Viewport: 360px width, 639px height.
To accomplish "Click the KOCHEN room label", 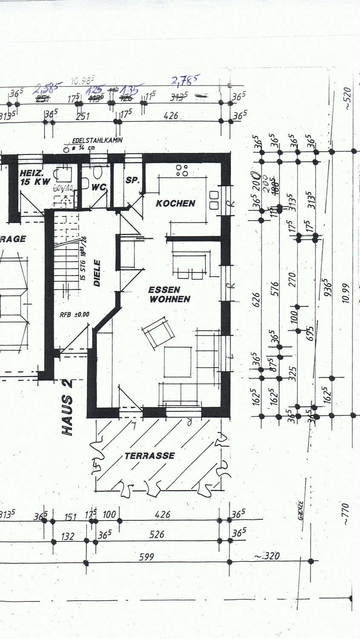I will tap(176, 204).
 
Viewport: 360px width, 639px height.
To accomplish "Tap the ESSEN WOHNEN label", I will tap(169, 294).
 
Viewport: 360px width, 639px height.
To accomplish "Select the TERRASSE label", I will tap(150, 456).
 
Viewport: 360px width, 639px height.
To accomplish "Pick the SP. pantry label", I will tap(132, 181).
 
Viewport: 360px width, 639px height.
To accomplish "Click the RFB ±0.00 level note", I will tap(75, 315).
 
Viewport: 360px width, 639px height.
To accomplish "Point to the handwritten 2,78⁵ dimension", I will tap(186, 80).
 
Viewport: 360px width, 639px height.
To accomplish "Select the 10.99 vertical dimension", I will tap(345, 293).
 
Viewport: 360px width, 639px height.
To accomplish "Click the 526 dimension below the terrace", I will tap(157, 534).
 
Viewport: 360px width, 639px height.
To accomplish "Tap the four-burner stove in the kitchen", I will tap(184, 171).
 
